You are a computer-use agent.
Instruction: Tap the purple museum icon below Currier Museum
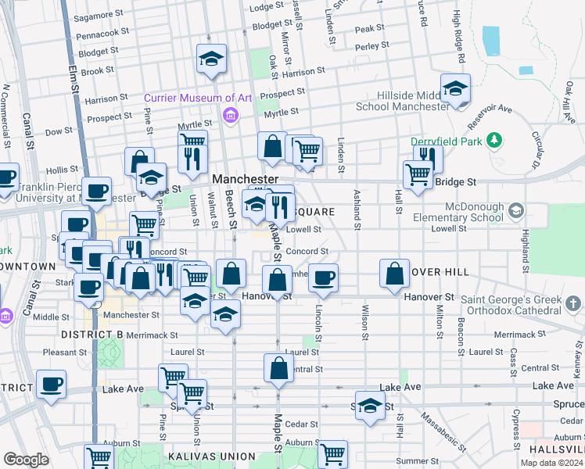[230, 117]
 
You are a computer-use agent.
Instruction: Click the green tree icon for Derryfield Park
[493, 141]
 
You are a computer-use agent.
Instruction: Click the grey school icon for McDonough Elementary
[515, 211]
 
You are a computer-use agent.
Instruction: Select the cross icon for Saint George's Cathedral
[573, 303]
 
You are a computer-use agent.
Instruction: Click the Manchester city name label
[246, 179]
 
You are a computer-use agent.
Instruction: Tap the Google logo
[26, 460]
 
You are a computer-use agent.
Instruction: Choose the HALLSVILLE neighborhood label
[557, 449]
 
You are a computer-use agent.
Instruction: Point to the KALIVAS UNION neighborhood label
[210, 456]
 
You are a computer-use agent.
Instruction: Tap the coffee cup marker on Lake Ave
[52, 385]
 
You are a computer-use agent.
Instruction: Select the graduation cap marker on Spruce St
[371, 405]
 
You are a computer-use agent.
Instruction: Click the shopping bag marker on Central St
[278, 369]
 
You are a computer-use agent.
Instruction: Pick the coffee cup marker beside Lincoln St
[323, 278]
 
